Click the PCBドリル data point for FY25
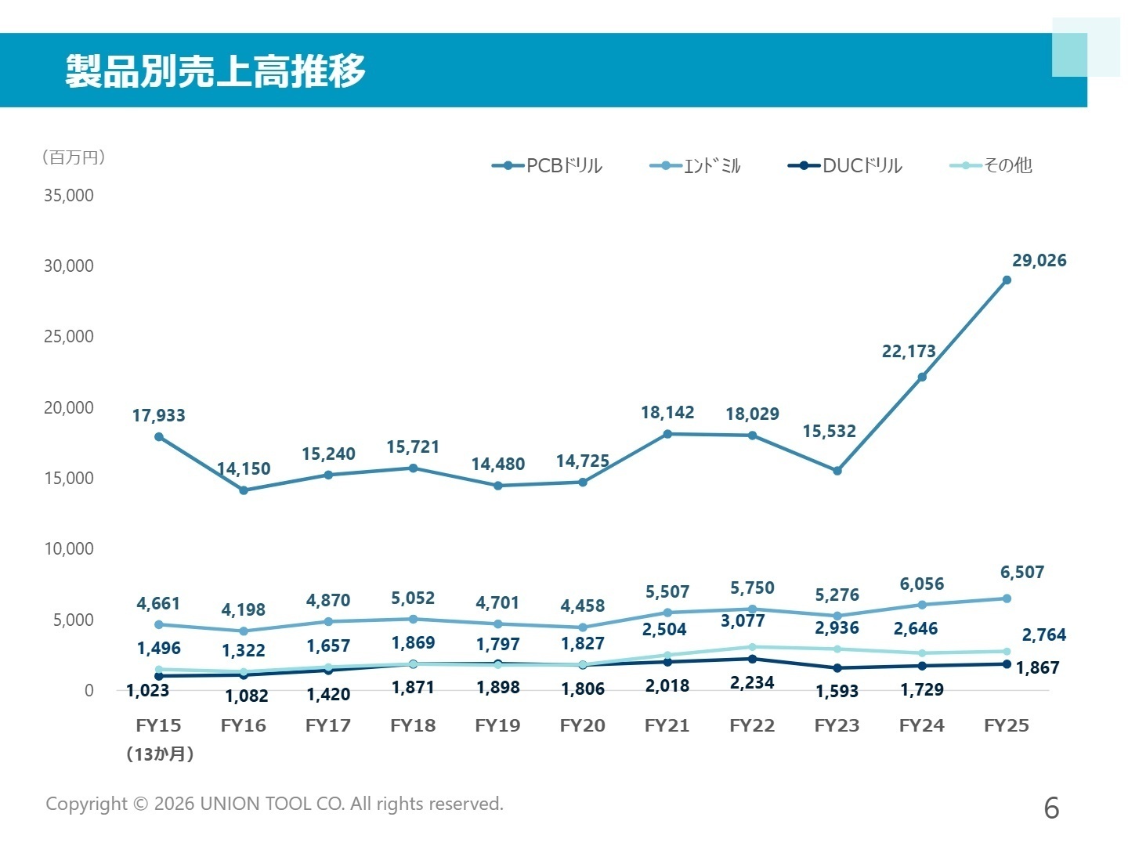(x=1007, y=280)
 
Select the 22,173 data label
(x=909, y=352)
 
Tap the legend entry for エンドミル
(x=696, y=165)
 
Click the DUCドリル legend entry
(x=845, y=165)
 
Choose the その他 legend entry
(x=991, y=165)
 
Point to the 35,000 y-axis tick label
(x=68, y=195)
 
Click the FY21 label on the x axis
(x=667, y=725)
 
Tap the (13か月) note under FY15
(x=160, y=754)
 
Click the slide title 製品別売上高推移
(x=215, y=71)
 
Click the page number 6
(x=1051, y=808)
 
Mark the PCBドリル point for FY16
(x=244, y=490)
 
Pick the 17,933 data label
(x=158, y=415)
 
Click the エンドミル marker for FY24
(x=922, y=605)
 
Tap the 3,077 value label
(x=743, y=621)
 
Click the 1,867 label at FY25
(x=1037, y=668)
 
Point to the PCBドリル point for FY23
(x=837, y=471)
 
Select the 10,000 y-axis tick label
(x=68, y=548)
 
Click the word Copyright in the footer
(x=86, y=804)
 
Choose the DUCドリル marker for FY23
(x=837, y=668)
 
